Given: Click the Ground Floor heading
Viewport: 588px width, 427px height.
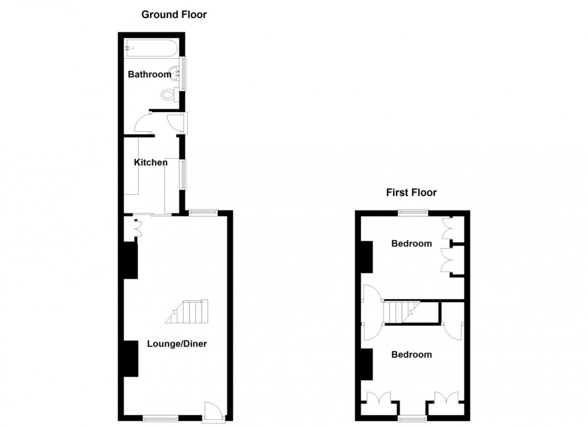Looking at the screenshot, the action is pos(174,14).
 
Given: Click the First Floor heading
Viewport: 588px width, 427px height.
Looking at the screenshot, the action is pos(412,193).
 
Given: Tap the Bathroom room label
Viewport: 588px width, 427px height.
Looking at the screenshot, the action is pos(149,74).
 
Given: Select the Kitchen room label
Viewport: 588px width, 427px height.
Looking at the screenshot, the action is pos(151,163).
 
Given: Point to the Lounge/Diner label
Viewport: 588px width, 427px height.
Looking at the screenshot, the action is pos(177,344).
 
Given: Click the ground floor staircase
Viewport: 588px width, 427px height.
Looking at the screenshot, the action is pos(187,311).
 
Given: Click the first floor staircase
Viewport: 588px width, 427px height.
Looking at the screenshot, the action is pos(401,312).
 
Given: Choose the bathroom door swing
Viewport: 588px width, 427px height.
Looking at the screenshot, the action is pos(143,123).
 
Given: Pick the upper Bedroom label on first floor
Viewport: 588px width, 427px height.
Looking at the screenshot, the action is pos(412,243).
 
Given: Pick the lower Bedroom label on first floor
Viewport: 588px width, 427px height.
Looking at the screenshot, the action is pos(412,354).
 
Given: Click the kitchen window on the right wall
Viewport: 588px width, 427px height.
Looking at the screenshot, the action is pos(183,175).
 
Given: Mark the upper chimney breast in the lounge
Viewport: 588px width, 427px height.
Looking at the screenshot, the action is pos(131,260).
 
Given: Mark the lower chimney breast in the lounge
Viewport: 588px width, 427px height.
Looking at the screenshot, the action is pos(131,359).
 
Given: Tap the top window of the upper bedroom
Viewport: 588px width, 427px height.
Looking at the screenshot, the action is pos(413,212).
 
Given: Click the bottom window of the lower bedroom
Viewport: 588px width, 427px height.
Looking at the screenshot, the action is pos(412,418).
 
